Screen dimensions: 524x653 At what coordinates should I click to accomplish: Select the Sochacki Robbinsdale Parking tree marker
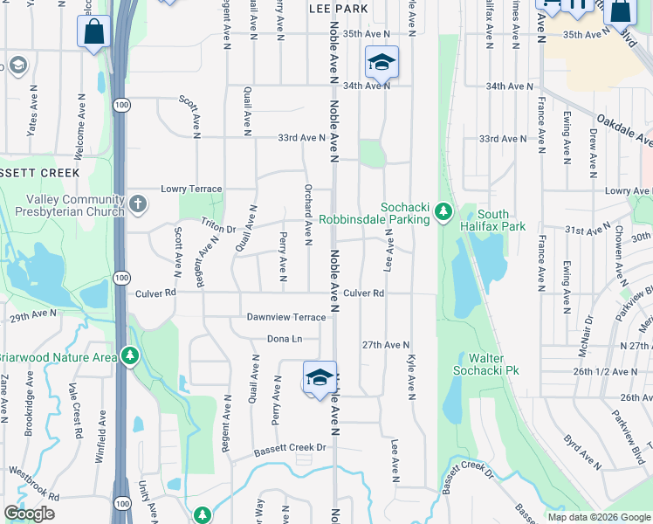(x=443, y=211)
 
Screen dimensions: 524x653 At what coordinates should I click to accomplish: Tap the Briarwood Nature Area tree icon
(x=130, y=355)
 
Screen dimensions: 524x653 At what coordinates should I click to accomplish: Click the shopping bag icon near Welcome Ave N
(x=93, y=33)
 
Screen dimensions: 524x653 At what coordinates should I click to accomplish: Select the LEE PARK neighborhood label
(x=338, y=8)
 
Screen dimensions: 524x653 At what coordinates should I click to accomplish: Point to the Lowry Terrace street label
(x=192, y=189)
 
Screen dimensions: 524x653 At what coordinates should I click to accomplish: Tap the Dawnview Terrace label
(x=285, y=317)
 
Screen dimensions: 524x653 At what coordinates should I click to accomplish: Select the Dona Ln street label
(x=284, y=339)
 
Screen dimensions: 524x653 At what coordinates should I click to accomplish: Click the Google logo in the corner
(x=29, y=514)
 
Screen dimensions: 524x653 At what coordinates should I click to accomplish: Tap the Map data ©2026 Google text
(x=599, y=517)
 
